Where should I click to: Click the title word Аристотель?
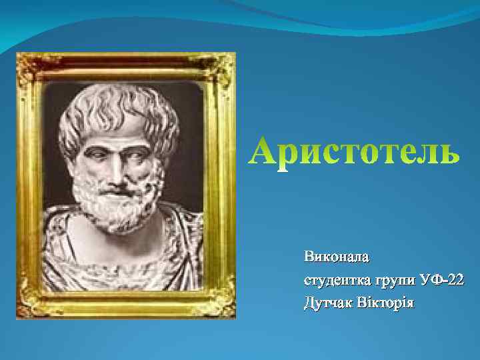(x=353, y=151)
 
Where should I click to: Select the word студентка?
(x=335, y=280)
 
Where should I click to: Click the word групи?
(x=393, y=280)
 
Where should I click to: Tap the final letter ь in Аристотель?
(x=447, y=153)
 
